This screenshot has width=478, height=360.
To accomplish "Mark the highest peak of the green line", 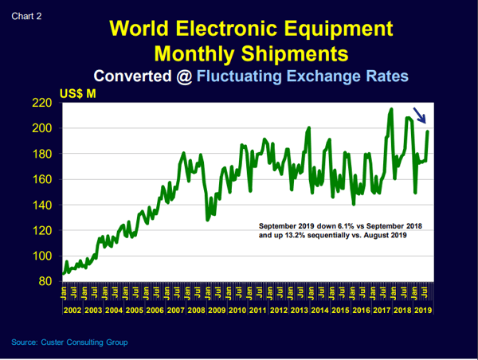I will (392, 109).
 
